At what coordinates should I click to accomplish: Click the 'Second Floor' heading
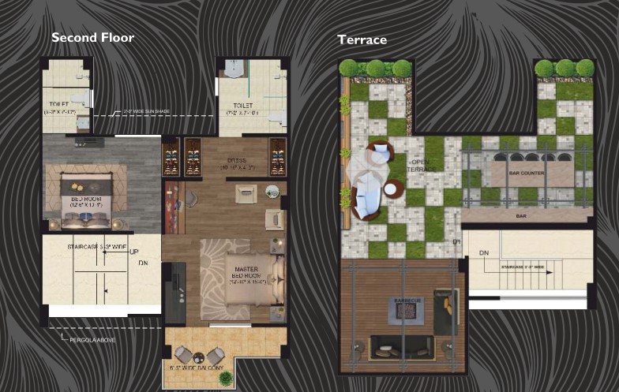[x=92, y=37]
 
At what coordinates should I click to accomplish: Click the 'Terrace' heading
[x=362, y=39]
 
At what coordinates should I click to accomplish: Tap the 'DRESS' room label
[x=237, y=162]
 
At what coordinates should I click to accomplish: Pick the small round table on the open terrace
[x=393, y=189]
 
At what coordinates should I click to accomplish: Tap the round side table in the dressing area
[x=272, y=190]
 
